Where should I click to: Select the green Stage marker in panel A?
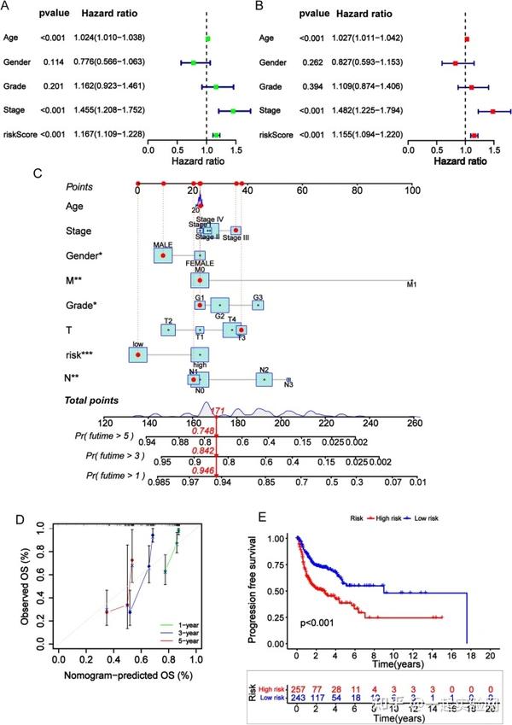click(x=232, y=111)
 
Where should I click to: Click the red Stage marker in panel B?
click(x=493, y=112)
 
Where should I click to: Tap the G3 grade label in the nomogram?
click(x=258, y=297)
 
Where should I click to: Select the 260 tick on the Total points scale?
click(x=413, y=422)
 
